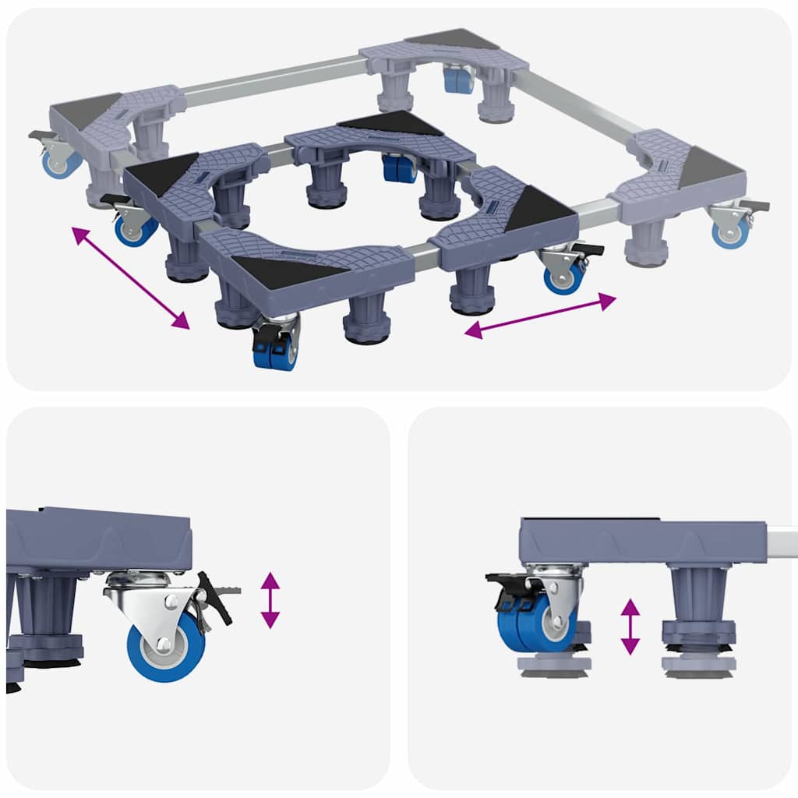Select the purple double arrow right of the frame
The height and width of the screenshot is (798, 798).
540,316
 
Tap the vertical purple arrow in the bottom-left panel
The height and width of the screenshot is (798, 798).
270,600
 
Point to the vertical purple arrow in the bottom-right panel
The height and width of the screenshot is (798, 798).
630,627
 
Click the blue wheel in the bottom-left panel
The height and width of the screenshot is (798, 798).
166,646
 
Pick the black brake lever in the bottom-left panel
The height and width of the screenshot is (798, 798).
214,596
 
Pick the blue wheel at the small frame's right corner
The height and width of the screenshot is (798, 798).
564,277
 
